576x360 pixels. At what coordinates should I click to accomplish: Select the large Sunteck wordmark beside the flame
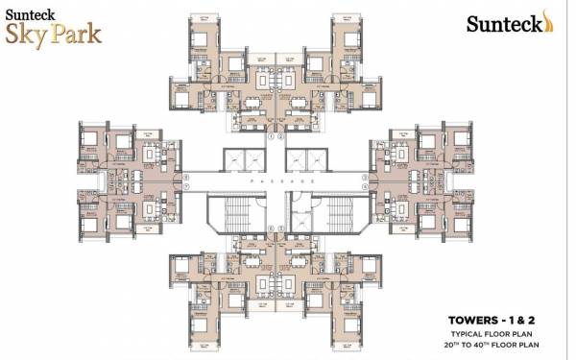click(501, 23)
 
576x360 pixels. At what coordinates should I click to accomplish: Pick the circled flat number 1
click(272, 135)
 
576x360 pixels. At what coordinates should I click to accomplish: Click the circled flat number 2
click(281, 135)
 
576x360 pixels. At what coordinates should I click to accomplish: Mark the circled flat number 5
click(281, 228)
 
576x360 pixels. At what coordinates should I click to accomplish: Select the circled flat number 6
click(272, 228)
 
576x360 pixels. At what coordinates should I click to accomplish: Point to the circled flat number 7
click(187, 187)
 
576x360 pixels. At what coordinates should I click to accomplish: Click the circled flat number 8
click(187, 177)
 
